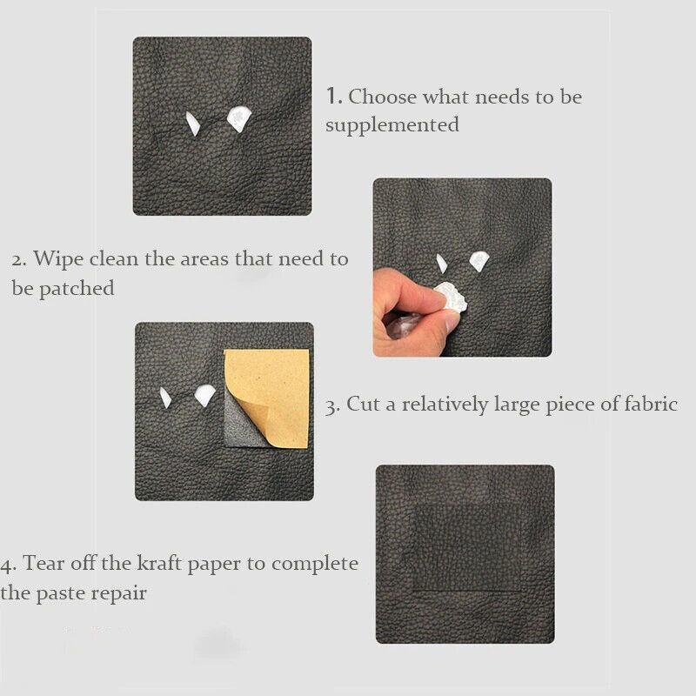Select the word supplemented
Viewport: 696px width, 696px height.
(x=392, y=125)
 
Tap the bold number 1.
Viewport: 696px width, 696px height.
(x=333, y=96)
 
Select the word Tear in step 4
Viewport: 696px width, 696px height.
(x=43, y=563)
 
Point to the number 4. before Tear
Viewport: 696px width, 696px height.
(x=9, y=563)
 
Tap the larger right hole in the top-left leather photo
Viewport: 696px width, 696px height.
(x=238, y=118)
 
